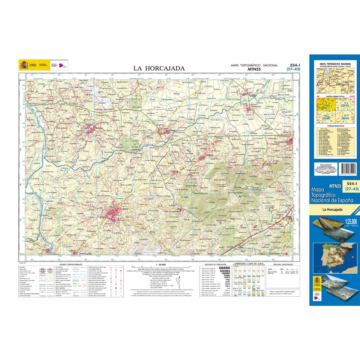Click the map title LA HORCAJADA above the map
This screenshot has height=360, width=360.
[159, 68]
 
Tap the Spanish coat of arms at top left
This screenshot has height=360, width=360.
[24, 65]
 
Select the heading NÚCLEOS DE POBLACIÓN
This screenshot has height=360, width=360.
[214, 264]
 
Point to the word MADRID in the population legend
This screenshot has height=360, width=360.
[225, 268]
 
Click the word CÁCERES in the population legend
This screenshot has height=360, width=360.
[225, 271]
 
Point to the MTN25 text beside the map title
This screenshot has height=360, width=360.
[254, 69]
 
